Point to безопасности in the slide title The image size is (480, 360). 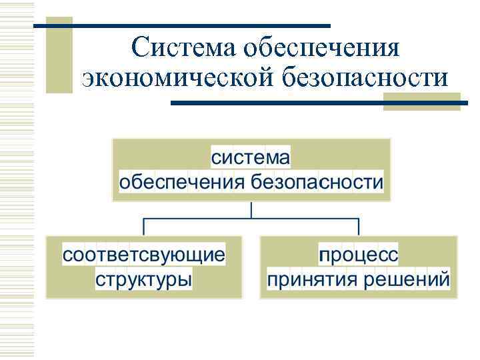(357, 78)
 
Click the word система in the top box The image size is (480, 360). (251, 158)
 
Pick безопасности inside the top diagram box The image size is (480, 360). (317, 182)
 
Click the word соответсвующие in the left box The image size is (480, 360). (144, 255)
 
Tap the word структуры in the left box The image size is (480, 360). (144, 279)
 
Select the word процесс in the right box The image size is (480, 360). (358, 255)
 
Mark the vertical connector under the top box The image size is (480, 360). (251, 209)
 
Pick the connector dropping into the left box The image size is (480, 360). (144, 225)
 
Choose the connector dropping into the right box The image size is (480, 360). (358, 225)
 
